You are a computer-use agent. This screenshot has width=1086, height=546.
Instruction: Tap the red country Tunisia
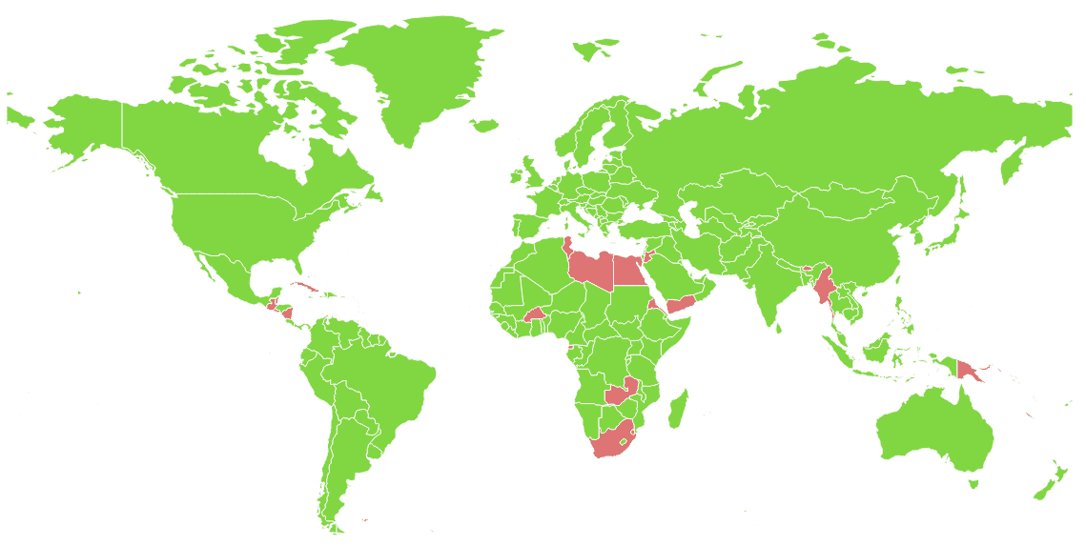[x=568, y=248]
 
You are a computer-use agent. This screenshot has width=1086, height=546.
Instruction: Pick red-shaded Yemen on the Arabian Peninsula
[x=680, y=304]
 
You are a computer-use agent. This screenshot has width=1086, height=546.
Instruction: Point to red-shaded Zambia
[x=621, y=393]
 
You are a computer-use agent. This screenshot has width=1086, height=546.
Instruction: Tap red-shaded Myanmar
[x=824, y=287]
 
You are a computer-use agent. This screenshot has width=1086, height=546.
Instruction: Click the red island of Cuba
[x=304, y=287]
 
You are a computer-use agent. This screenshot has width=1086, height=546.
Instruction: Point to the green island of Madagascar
[x=678, y=408]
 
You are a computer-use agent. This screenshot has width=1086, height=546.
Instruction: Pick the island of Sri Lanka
[x=779, y=328]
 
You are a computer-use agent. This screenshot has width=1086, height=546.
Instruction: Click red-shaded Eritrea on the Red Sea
[x=651, y=303]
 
